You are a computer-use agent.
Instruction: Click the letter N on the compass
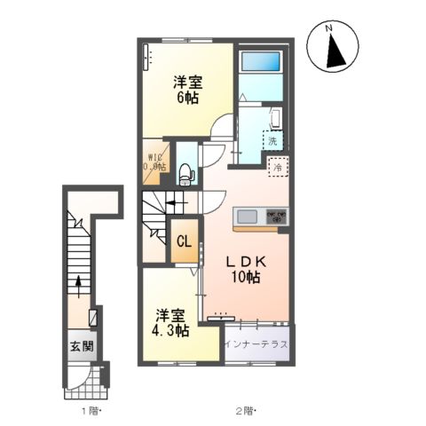328,28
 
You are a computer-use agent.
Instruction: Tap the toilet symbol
185,173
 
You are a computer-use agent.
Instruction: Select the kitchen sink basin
245,217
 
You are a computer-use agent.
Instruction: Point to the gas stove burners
275,217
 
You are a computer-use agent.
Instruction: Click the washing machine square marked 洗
272,140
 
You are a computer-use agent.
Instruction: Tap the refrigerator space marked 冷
277,166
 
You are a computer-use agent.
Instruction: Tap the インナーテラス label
256,344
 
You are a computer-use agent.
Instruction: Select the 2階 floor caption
246,411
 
